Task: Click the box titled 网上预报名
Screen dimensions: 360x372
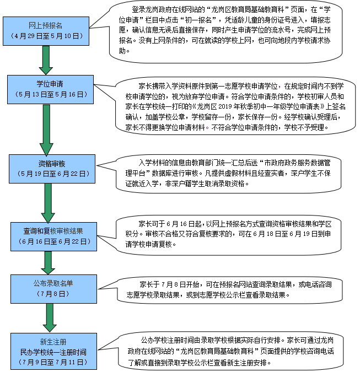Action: pos(46,31)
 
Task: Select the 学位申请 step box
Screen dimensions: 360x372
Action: pos(50,89)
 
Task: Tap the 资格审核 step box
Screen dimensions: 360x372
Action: pos(52,169)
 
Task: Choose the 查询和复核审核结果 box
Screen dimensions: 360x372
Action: pos(53,236)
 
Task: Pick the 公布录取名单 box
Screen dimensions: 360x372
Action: pos(53,289)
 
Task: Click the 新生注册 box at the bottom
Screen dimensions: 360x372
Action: pos(53,351)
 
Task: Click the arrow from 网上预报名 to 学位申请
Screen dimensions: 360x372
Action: pos(46,60)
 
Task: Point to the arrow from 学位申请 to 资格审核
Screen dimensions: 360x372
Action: pos(46,130)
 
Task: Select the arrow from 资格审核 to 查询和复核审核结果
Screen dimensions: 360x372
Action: pos(48,203)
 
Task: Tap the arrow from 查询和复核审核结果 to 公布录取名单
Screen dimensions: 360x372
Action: pos(48,263)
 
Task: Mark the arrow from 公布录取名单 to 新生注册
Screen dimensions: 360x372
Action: pos(50,318)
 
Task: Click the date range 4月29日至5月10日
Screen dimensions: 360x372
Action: pos(47,36)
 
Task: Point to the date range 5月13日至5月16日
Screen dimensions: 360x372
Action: pos(51,94)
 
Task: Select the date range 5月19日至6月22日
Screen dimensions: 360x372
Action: pos(53,174)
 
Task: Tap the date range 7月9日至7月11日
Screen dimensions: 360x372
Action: pos(53,362)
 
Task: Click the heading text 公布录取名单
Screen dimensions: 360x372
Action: pos(53,283)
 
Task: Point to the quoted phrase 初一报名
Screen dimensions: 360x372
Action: pos(198,20)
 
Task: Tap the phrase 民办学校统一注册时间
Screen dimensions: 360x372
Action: pos(53,352)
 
